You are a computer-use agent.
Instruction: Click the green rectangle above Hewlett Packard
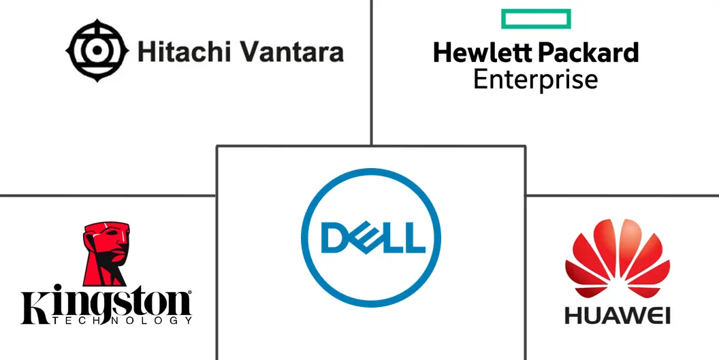coord(536,19)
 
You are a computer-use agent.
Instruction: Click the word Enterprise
coord(535,79)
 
